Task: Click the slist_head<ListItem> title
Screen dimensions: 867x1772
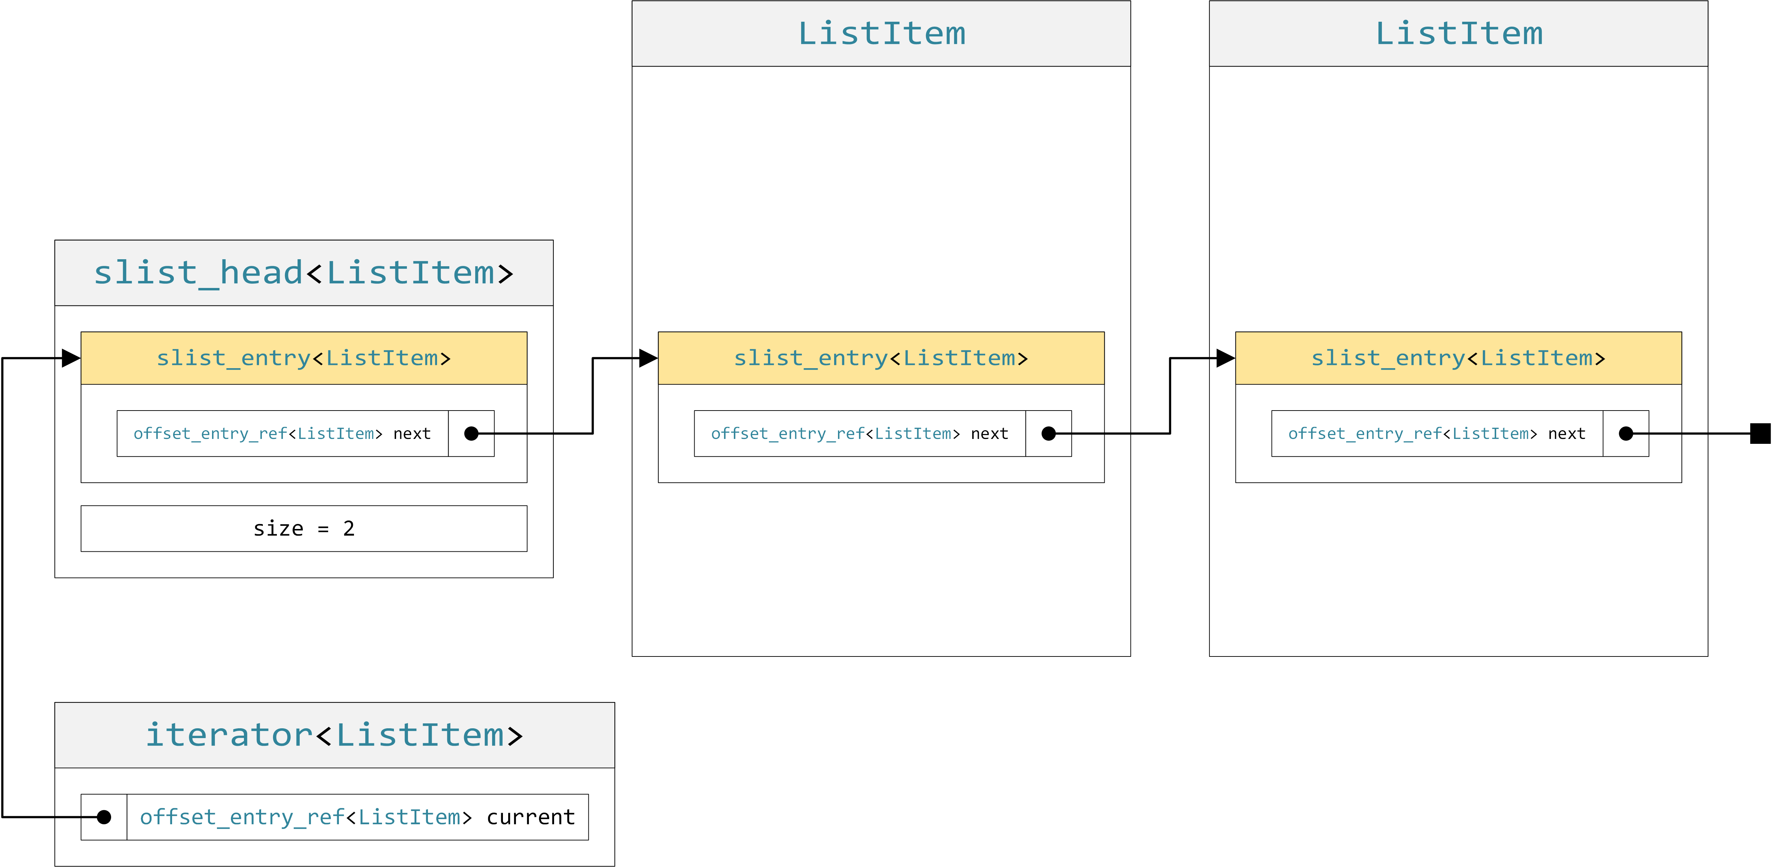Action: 304,273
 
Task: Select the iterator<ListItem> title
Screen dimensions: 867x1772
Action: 334,735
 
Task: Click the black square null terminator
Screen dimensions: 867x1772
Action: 1760,434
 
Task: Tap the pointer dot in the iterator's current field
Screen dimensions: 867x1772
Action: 104,817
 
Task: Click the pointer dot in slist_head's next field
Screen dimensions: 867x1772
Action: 471,434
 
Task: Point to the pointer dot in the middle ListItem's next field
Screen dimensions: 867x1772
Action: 1048,434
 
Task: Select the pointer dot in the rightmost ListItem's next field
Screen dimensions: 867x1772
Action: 1626,434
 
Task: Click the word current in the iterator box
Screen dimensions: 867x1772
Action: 530,817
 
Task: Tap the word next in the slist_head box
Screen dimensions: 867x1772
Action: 411,434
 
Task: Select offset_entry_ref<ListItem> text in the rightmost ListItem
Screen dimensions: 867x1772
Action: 1412,434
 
